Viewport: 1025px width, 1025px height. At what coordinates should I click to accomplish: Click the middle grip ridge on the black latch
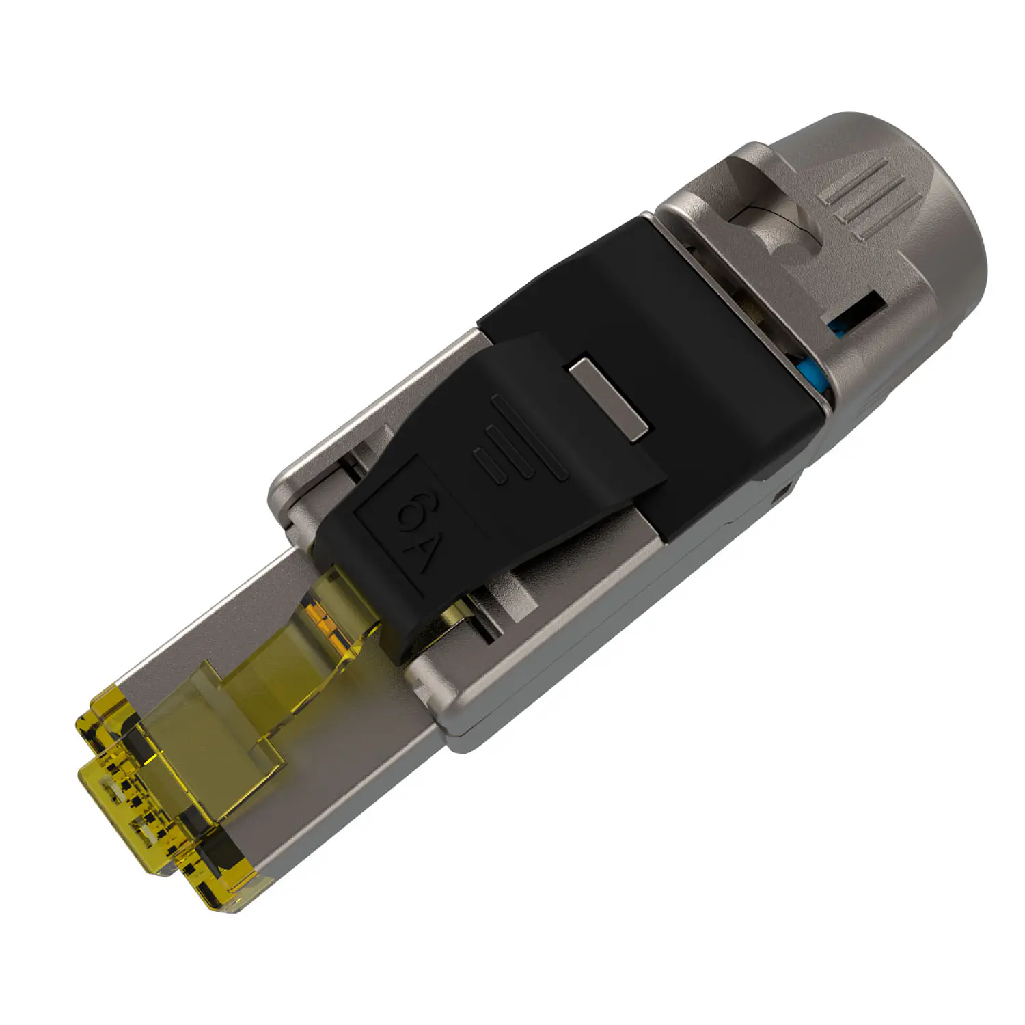509,451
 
